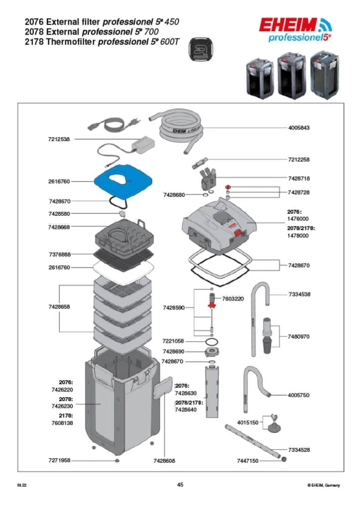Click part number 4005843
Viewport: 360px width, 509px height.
299,128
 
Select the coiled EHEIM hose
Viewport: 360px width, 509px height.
177,128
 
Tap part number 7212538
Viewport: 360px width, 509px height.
59,139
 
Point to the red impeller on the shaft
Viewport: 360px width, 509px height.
212,305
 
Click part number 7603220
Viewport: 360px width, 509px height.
233,299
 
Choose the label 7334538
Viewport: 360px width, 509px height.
300,295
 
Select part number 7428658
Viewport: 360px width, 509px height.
59,307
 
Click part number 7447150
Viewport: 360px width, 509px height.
247,461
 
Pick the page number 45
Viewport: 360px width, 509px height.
180,485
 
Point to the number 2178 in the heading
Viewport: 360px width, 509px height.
34,42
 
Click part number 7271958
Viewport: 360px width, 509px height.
59,460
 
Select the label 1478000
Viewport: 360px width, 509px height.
298,235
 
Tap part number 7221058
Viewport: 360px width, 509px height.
173,341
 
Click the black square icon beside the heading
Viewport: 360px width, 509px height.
201,49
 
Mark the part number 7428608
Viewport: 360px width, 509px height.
164,461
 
